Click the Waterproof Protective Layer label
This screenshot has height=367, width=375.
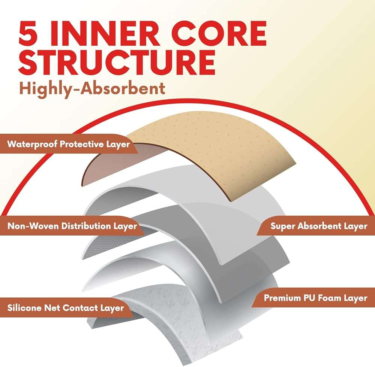click(68, 144)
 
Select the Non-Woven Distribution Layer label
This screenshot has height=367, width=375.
click(72, 226)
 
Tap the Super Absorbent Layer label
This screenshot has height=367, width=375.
click(319, 226)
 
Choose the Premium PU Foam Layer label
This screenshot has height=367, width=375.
click(315, 298)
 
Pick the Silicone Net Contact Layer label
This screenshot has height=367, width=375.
click(66, 308)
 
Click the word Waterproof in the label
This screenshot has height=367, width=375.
click(32, 145)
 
